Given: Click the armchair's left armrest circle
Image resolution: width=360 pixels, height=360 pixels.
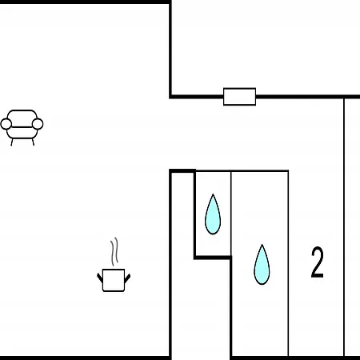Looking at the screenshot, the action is [6, 124].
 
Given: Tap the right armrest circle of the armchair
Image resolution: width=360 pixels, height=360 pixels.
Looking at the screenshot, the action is [38, 124].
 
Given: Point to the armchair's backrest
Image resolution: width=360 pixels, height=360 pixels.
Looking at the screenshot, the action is [22, 115].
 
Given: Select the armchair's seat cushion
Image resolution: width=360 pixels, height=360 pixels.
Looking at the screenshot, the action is [22, 133].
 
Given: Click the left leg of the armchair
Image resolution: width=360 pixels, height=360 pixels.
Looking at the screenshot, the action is [12, 142].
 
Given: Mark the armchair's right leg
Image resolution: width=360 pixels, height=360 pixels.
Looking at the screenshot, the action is [33, 142].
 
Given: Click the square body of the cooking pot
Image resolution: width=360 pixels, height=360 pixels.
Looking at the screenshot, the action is [114, 280].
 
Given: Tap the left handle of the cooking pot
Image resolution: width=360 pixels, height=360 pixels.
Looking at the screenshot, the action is [100, 278].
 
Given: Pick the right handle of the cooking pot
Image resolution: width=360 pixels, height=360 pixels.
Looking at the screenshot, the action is [127, 278].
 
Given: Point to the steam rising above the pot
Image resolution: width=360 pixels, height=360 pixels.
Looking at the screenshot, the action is [114, 251].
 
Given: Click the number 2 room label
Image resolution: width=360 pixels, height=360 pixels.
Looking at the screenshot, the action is [318, 262].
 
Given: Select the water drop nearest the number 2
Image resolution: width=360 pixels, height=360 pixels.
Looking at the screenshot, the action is [262, 264].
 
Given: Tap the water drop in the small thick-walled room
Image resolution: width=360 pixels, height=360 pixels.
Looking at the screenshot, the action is [213, 214].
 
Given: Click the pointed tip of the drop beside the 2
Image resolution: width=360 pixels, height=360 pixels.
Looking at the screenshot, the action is [262, 244].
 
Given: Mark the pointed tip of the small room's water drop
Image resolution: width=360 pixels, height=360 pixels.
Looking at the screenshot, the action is [213, 194].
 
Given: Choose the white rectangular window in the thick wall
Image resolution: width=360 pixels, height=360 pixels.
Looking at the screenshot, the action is [239, 97].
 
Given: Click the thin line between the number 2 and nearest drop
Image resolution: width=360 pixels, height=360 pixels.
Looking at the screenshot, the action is [288, 263].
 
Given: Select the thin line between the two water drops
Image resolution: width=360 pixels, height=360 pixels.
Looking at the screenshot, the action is [231, 214].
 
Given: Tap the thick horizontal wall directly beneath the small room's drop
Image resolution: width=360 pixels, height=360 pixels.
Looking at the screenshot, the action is [213, 258].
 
